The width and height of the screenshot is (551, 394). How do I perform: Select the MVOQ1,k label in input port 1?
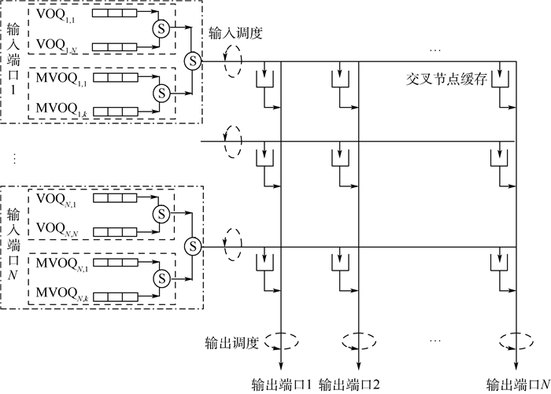coord(57,112)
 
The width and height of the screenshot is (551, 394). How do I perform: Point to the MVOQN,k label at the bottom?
coord(58,295)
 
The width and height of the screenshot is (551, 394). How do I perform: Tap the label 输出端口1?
coord(282,384)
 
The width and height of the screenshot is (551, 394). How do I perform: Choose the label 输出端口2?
coord(349,384)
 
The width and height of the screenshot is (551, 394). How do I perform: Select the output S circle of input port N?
coord(190,247)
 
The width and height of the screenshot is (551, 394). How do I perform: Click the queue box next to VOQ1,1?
coord(113,13)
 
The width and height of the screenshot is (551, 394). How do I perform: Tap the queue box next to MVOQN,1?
coord(113,262)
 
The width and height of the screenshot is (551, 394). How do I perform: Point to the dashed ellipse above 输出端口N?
coord(516,342)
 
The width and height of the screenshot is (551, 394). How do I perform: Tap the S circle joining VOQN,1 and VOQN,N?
coord(162,214)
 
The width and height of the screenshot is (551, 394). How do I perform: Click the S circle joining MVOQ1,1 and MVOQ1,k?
coord(162,93)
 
